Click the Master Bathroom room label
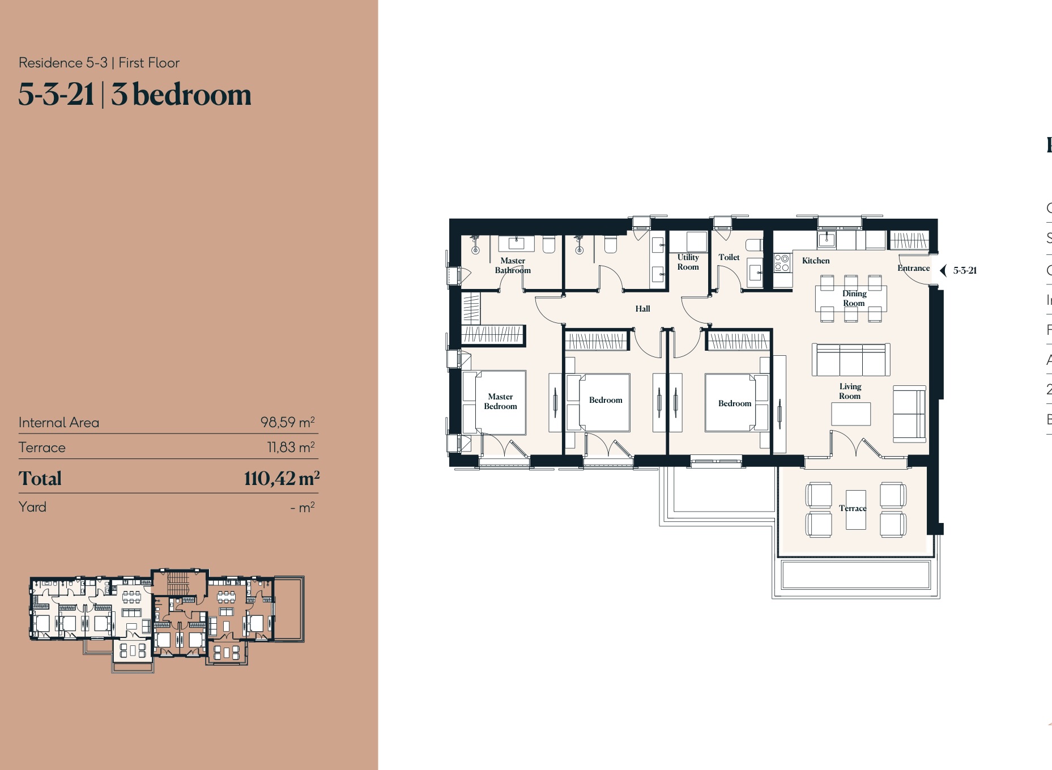(x=513, y=266)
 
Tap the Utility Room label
(x=688, y=262)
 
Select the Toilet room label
(x=729, y=257)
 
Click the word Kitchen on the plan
(x=815, y=261)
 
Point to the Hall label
(x=642, y=309)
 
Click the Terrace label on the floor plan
(x=852, y=508)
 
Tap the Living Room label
(x=850, y=391)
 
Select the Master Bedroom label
(x=500, y=401)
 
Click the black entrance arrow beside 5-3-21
(x=943, y=271)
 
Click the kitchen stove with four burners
(x=782, y=263)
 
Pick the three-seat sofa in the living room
(x=851, y=360)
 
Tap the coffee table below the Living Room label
(x=850, y=414)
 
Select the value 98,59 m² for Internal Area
(x=287, y=422)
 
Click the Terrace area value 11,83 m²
(x=291, y=447)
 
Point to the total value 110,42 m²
(x=282, y=478)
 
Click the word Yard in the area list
(x=32, y=507)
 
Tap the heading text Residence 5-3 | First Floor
(x=99, y=63)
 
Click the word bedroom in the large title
(x=191, y=95)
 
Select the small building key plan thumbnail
(x=167, y=620)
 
